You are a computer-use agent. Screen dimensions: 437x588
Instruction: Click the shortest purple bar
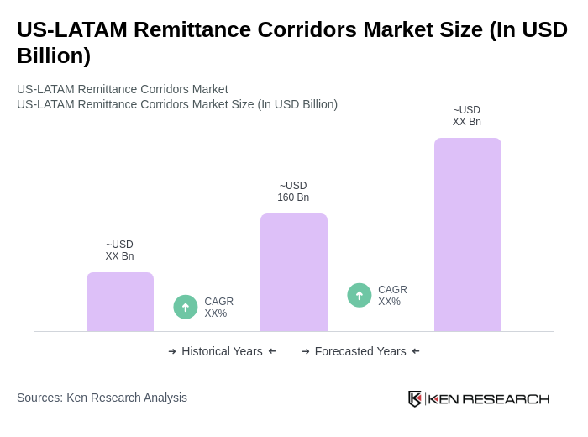point(120,302)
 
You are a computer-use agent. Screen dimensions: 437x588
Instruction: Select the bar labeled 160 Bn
point(293,272)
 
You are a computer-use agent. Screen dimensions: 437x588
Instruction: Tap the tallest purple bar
point(467,234)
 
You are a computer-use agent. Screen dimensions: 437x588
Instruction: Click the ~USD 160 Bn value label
point(293,192)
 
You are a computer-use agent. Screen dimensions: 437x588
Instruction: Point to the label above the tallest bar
point(467,116)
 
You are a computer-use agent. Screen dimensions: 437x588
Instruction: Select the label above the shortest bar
point(120,250)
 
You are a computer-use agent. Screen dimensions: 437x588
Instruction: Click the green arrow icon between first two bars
point(186,308)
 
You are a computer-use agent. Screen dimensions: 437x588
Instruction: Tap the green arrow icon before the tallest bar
point(360,296)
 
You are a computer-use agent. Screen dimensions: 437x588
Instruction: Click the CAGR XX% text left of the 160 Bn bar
point(218,308)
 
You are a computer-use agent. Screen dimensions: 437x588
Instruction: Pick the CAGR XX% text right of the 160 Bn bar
point(392,296)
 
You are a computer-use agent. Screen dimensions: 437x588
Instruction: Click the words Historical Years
point(222,351)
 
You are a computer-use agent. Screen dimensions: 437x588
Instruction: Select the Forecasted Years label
point(360,351)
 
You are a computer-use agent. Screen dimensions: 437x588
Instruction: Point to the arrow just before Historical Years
point(172,351)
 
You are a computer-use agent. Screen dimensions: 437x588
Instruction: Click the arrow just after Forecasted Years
point(416,351)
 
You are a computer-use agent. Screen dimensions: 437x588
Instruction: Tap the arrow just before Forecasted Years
point(306,351)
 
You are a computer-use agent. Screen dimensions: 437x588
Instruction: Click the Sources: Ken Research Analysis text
point(102,398)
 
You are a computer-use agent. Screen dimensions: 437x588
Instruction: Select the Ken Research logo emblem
point(415,398)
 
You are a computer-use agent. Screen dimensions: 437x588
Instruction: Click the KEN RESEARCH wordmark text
point(489,398)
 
